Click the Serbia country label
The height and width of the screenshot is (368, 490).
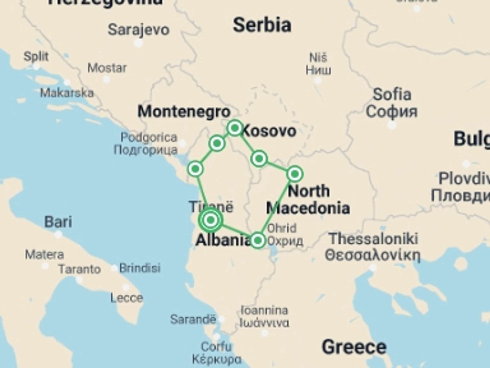(x=262, y=25)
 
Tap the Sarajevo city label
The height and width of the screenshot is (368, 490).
(x=139, y=30)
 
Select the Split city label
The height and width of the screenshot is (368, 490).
(x=36, y=56)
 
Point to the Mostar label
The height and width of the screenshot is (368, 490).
(x=107, y=68)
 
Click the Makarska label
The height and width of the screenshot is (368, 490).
(x=67, y=93)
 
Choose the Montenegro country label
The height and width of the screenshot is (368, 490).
(x=184, y=112)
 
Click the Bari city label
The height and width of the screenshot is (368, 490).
(x=58, y=222)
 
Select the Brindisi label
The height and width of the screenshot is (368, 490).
(x=140, y=268)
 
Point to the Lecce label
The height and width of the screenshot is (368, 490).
(x=127, y=298)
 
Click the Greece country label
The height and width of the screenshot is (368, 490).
(x=354, y=347)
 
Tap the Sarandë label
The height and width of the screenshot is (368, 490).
(x=193, y=319)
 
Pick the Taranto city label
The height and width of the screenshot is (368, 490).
(x=80, y=269)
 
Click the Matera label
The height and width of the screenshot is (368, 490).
(x=44, y=255)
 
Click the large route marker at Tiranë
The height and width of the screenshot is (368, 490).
(x=211, y=220)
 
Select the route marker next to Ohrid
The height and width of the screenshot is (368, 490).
(x=258, y=240)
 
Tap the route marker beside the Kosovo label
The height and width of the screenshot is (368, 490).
(x=235, y=128)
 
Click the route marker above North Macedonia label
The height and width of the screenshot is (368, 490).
(x=295, y=174)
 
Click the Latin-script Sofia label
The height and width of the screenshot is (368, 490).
(x=392, y=95)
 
